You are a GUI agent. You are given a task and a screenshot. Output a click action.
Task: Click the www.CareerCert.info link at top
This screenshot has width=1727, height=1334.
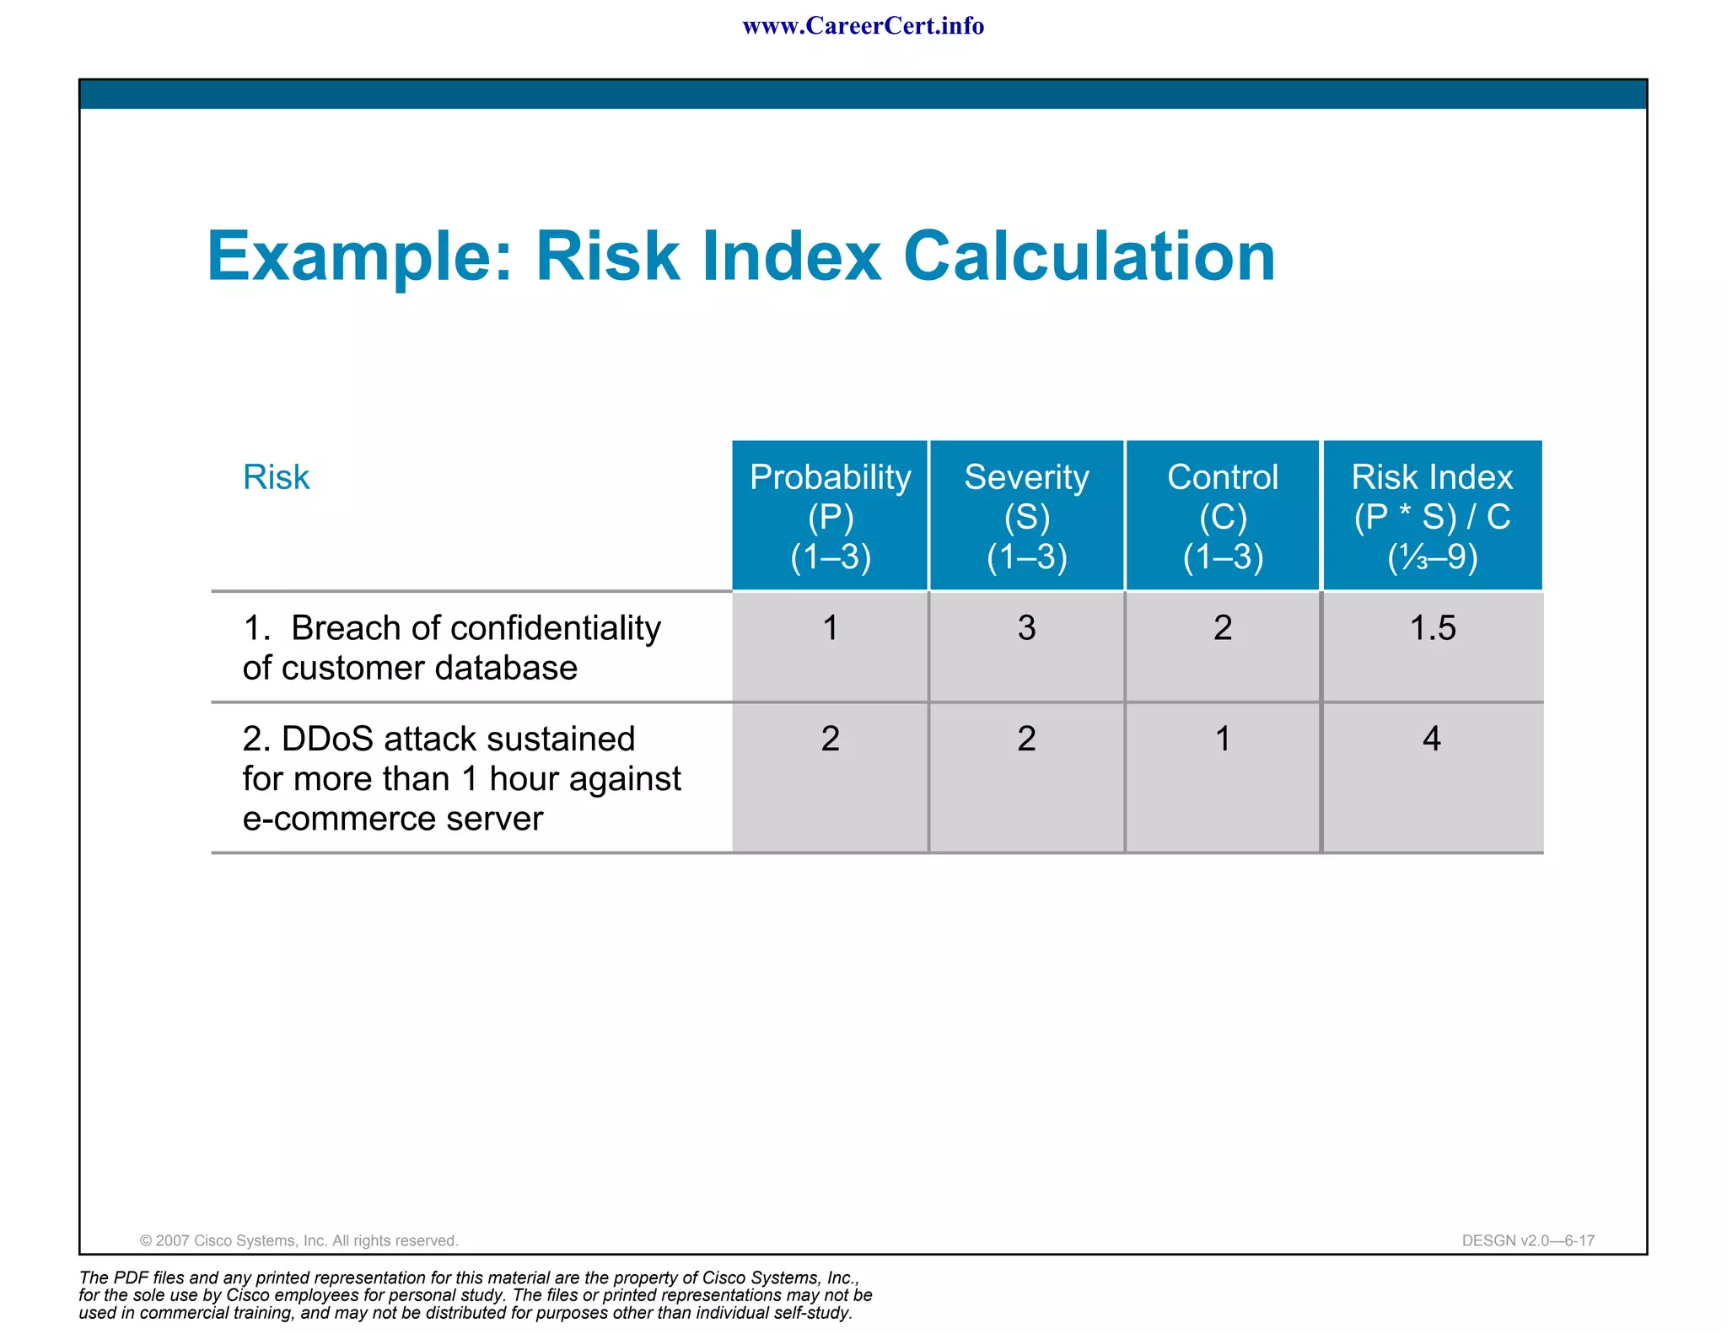click(863, 26)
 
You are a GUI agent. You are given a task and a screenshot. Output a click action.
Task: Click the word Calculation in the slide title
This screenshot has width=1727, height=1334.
click(1089, 256)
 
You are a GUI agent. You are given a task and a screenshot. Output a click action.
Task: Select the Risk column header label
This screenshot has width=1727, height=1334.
click(276, 477)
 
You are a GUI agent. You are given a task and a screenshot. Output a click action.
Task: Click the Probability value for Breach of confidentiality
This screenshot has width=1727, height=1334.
click(830, 628)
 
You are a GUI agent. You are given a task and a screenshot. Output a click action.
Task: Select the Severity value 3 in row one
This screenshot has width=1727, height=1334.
click(1026, 628)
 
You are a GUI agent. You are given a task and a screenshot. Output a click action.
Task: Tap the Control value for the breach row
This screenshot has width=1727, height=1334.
click(1222, 628)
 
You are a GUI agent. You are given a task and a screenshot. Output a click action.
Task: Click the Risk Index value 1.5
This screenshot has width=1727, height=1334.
click(1432, 628)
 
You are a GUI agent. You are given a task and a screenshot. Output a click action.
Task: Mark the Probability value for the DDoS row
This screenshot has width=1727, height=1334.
click(830, 740)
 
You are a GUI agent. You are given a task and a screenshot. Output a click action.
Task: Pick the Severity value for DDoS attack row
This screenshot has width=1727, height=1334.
click(1026, 740)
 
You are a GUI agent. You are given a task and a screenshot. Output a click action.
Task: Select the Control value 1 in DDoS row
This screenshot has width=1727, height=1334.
click(1222, 740)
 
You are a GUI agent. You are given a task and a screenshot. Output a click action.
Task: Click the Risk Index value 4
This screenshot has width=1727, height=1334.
click(1431, 740)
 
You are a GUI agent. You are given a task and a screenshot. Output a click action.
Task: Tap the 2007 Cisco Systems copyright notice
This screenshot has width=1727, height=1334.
click(299, 1240)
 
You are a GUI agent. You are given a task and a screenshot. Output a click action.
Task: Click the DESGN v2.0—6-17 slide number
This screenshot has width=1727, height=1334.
click(1528, 1240)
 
